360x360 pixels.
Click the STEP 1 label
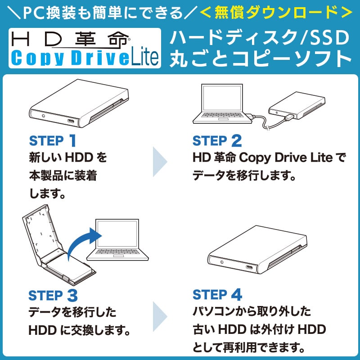tap(53, 141)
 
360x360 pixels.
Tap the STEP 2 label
tap(217, 141)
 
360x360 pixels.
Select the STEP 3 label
tap(53, 296)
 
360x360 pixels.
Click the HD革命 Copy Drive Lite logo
tap(84, 48)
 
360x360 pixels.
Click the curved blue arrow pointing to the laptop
tap(83, 243)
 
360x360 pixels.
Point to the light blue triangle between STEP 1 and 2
tap(160, 161)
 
